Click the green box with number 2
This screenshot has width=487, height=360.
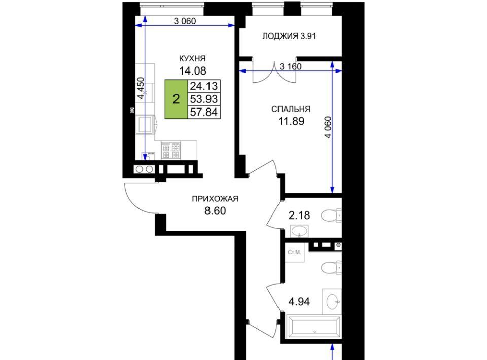tap(176, 99)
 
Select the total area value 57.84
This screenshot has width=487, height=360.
tap(204, 112)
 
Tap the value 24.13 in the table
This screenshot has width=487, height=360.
tap(204, 86)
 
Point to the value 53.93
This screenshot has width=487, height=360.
tap(204, 99)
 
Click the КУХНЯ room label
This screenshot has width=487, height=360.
tap(193, 58)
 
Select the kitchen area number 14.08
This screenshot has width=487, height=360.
tap(193, 71)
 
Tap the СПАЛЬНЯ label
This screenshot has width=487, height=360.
tap(291, 109)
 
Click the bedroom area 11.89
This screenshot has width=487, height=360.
tap(291, 121)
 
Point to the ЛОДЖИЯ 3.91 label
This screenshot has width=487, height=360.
tap(289, 36)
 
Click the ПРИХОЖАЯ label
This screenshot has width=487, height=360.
tap(215, 199)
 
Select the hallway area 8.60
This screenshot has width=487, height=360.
tap(215, 211)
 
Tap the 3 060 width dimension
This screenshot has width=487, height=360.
tap(185, 21)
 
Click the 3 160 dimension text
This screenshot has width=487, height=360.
tap(290, 66)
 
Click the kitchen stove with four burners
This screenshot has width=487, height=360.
tap(171, 151)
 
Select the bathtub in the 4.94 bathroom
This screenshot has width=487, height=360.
tap(314, 327)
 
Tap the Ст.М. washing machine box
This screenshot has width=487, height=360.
tap(294, 253)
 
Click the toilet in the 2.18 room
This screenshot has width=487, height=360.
tap(331, 215)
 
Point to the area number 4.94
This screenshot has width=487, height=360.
tap(299, 302)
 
